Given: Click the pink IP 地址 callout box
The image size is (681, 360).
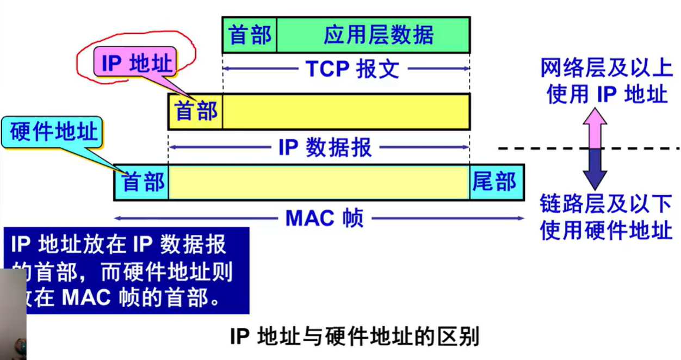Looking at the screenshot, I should (x=137, y=63).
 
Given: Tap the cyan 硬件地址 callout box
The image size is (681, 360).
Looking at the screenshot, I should (x=53, y=132).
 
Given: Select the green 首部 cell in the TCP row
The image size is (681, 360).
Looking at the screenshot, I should (x=250, y=35).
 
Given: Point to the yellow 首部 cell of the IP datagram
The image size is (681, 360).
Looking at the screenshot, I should (x=196, y=111).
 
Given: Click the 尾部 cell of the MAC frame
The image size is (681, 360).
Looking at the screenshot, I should (x=496, y=182).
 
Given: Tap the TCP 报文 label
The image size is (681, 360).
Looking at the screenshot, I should (x=352, y=69).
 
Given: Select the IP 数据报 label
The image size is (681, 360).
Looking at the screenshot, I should (x=325, y=147).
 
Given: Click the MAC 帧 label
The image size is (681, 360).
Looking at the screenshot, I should (x=324, y=219).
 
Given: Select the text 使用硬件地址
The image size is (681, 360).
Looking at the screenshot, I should (x=606, y=231).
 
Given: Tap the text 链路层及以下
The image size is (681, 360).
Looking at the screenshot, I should (x=606, y=204).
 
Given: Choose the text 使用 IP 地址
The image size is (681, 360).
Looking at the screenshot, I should (x=606, y=94).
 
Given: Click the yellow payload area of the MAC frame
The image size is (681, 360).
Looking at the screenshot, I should (x=319, y=182).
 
